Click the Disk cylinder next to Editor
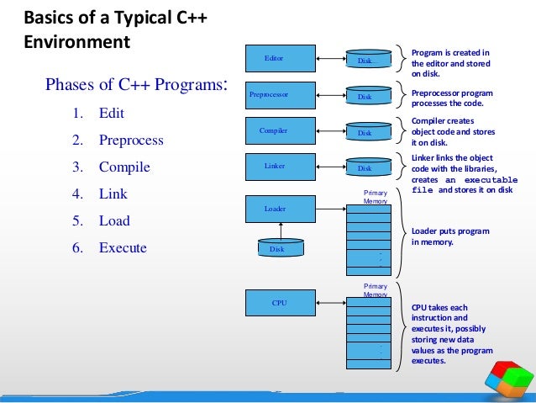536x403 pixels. coord(365,60)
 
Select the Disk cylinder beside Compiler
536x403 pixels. coord(365,132)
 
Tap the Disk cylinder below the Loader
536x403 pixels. coord(280,248)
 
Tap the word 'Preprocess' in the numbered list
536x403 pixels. coord(131,140)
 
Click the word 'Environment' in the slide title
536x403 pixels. coord(77,40)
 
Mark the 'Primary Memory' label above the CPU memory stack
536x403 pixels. coord(375,290)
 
